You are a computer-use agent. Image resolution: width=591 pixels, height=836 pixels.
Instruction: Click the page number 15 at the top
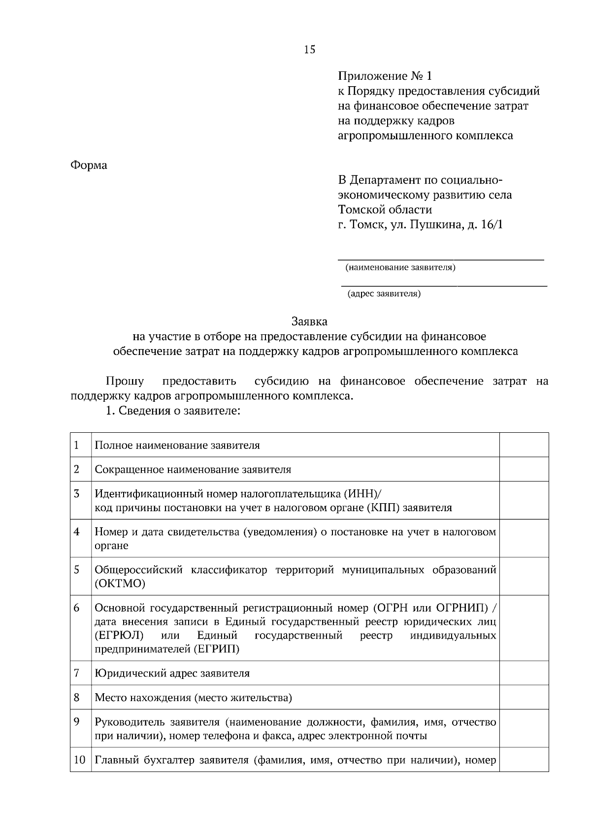click(x=310, y=49)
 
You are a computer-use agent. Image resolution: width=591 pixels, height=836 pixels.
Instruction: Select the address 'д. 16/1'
click(x=485, y=225)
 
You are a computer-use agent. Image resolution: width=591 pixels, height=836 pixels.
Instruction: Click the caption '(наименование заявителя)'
click(x=400, y=268)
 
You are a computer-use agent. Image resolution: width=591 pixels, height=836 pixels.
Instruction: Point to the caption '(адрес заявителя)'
click(x=384, y=294)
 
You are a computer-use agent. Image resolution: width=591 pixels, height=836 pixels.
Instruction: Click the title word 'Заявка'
click(x=309, y=322)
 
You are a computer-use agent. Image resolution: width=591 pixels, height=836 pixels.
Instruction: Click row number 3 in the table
click(x=77, y=493)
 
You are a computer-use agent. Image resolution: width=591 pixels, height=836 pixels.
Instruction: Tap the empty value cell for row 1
click(x=524, y=445)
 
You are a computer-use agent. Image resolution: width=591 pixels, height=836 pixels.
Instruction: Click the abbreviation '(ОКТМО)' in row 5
click(x=120, y=584)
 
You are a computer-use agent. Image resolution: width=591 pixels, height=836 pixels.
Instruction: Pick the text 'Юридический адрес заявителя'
click(x=172, y=673)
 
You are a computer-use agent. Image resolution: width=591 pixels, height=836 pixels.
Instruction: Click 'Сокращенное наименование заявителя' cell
click(x=193, y=470)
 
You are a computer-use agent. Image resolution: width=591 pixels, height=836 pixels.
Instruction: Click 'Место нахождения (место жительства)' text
click(x=193, y=698)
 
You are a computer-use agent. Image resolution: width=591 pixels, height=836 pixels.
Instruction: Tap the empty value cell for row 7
click(x=524, y=673)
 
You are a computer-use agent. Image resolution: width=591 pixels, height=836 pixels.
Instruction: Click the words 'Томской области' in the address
click(x=385, y=210)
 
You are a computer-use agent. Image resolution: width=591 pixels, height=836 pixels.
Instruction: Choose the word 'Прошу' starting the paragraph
click(x=125, y=381)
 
